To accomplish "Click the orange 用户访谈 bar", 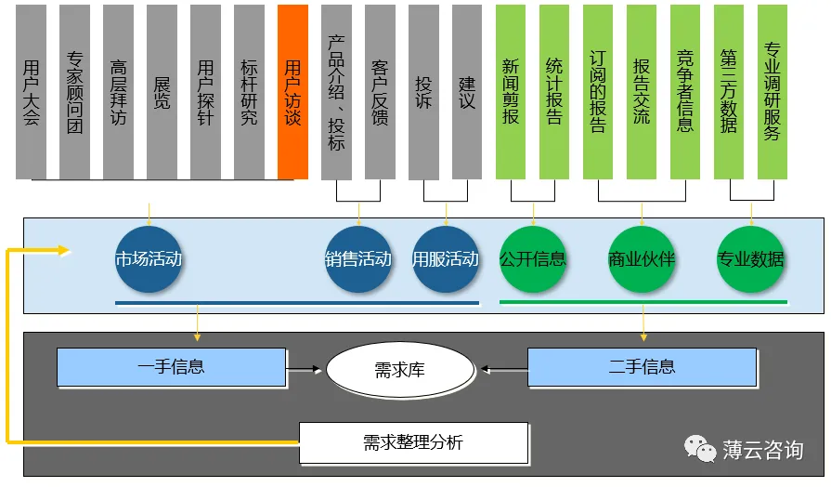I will coord(292,91).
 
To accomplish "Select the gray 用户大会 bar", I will coord(32,91).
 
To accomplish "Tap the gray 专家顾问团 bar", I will coord(75,91).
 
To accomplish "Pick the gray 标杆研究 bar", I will coord(249,91).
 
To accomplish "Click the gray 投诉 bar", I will coord(423,91).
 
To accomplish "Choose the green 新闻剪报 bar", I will coord(511,91).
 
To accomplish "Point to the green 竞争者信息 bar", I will coord(685,91).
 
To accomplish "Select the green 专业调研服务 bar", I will coord(773,91).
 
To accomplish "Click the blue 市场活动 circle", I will coord(149,259).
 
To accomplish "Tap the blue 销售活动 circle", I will coord(358,259).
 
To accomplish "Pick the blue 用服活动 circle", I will coord(446,259).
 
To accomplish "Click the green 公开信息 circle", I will coord(533,259).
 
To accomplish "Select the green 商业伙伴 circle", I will coord(642,259).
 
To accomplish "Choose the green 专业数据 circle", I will coord(751,259).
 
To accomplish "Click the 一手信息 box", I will coord(171,367).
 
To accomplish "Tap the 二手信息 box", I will coord(642,367).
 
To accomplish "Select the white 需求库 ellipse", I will coord(401,370).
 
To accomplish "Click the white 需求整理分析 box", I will coord(413,442).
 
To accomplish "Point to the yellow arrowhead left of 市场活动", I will coord(62,249).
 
